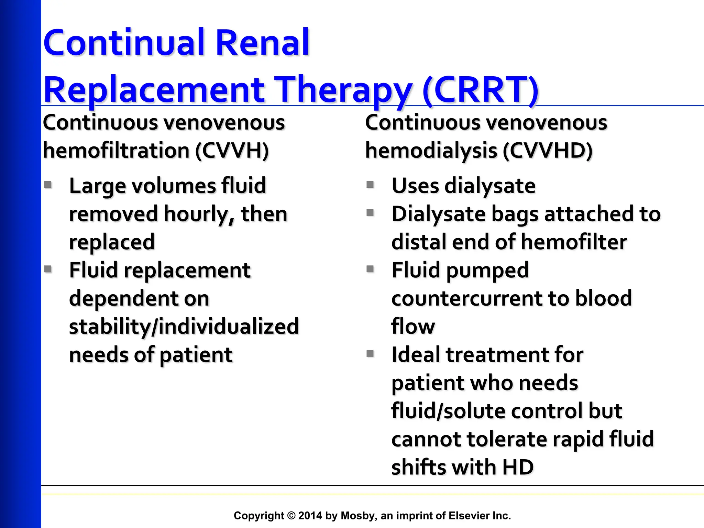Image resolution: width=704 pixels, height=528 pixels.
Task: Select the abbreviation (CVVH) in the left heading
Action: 232,151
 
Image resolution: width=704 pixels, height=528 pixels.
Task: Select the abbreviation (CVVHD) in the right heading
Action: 548,151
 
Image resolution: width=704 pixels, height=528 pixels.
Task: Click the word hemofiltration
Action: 116,151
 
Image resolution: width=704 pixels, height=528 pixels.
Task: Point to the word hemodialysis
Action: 431,151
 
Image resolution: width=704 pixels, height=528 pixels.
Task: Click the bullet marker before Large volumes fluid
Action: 48,185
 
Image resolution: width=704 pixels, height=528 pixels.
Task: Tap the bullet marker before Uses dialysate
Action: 370,185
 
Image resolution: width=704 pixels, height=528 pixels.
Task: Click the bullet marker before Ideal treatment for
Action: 370,353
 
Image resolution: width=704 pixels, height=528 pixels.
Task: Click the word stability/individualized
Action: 184,327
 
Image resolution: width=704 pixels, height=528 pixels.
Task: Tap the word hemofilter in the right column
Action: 574,242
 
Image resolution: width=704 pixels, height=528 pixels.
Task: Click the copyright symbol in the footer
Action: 291,516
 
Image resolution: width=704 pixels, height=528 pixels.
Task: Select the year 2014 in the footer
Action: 310,516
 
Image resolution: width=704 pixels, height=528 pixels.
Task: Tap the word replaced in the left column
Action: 112,242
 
